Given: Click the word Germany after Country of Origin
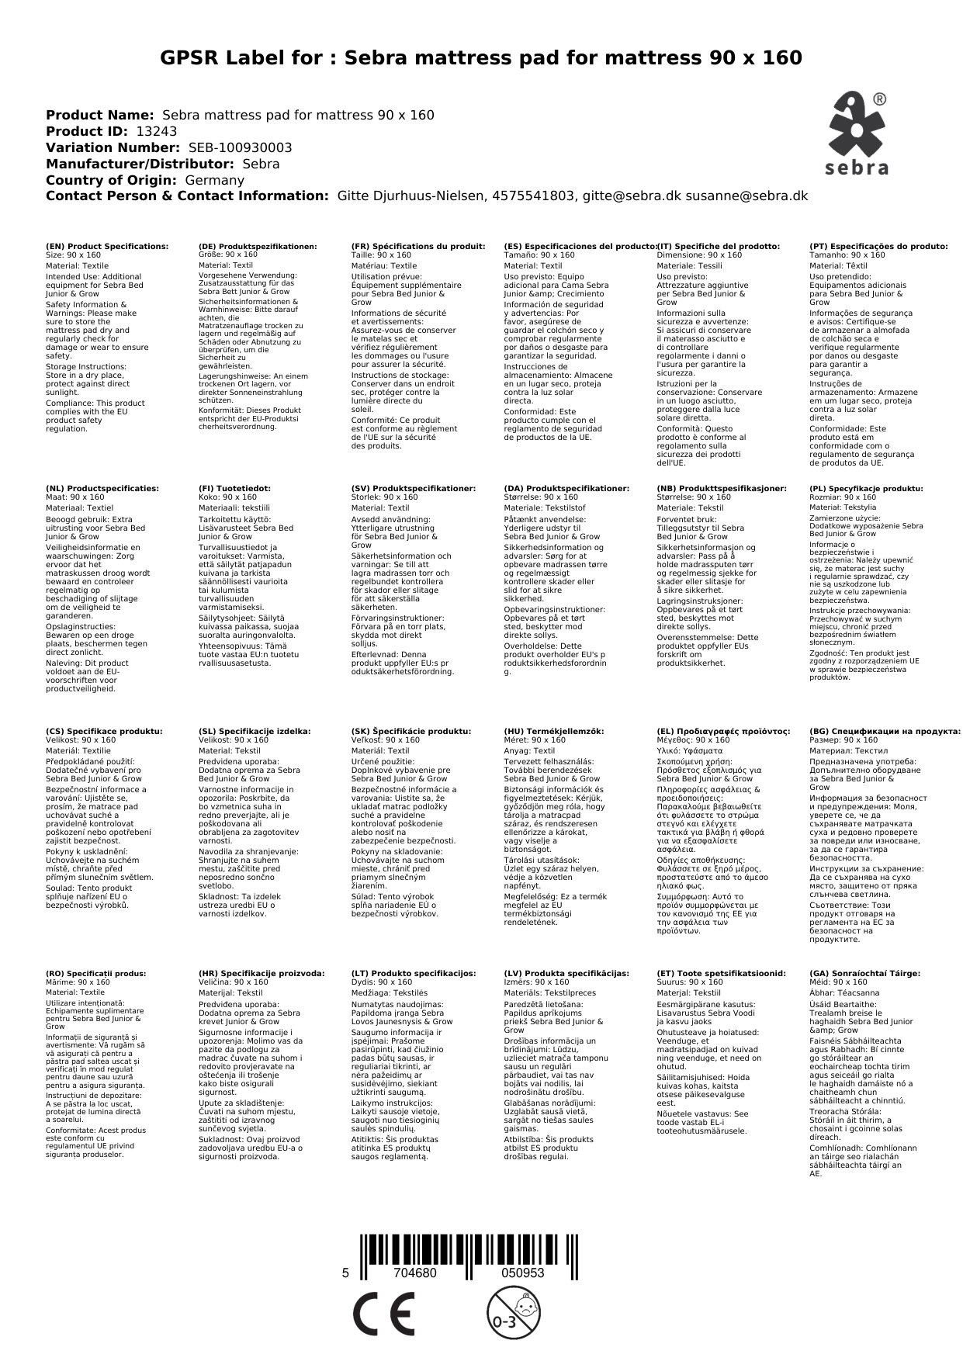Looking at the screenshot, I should click(x=215, y=180).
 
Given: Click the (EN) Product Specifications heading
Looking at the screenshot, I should click(x=107, y=246).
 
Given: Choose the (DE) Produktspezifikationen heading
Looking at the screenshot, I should click(x=258, y=246).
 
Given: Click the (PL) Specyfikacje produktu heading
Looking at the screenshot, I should click(x=866, y=488).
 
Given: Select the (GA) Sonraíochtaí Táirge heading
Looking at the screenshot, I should click(x=864, y=972).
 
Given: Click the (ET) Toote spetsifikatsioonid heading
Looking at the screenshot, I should click(x=721, y=972).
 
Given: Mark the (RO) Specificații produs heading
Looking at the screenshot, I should click(x=95, y=972).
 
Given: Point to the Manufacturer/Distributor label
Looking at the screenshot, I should click(x=140, y=164).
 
